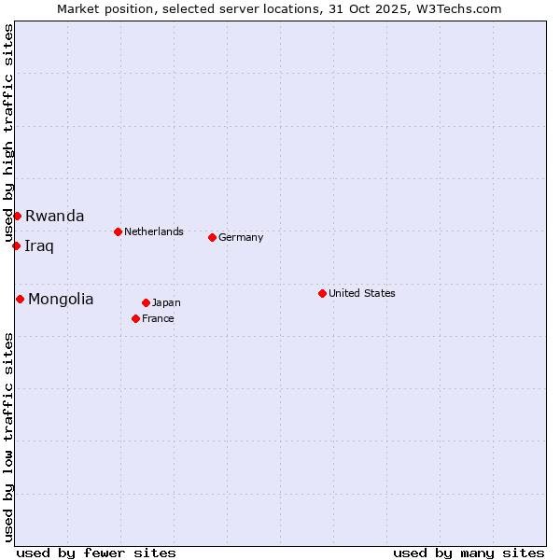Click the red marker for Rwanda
click(x=17, y=216)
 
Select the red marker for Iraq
click(x=16, y=245)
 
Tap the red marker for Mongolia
click(x=20, y=299)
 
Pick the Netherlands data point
click(x=118, y=231)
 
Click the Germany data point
click(x=212, y=237)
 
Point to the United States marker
click(x=322, y=293)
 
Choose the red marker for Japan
click(x=146, y=302)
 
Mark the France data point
click(x=135, y=318)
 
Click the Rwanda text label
click(x=54, y=216)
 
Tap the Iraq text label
click(x=39, y=246)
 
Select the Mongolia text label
click(x=61, y=300)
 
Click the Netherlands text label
click(x=154, y=231)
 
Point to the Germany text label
click(x=241, y=237)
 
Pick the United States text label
click(x=362, y=293)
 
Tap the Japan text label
click(x=166, y=302)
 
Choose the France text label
click(x=158, y=318)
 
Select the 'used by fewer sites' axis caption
click(x=96, y=553)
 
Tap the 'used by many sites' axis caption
click(x=469, y=553)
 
